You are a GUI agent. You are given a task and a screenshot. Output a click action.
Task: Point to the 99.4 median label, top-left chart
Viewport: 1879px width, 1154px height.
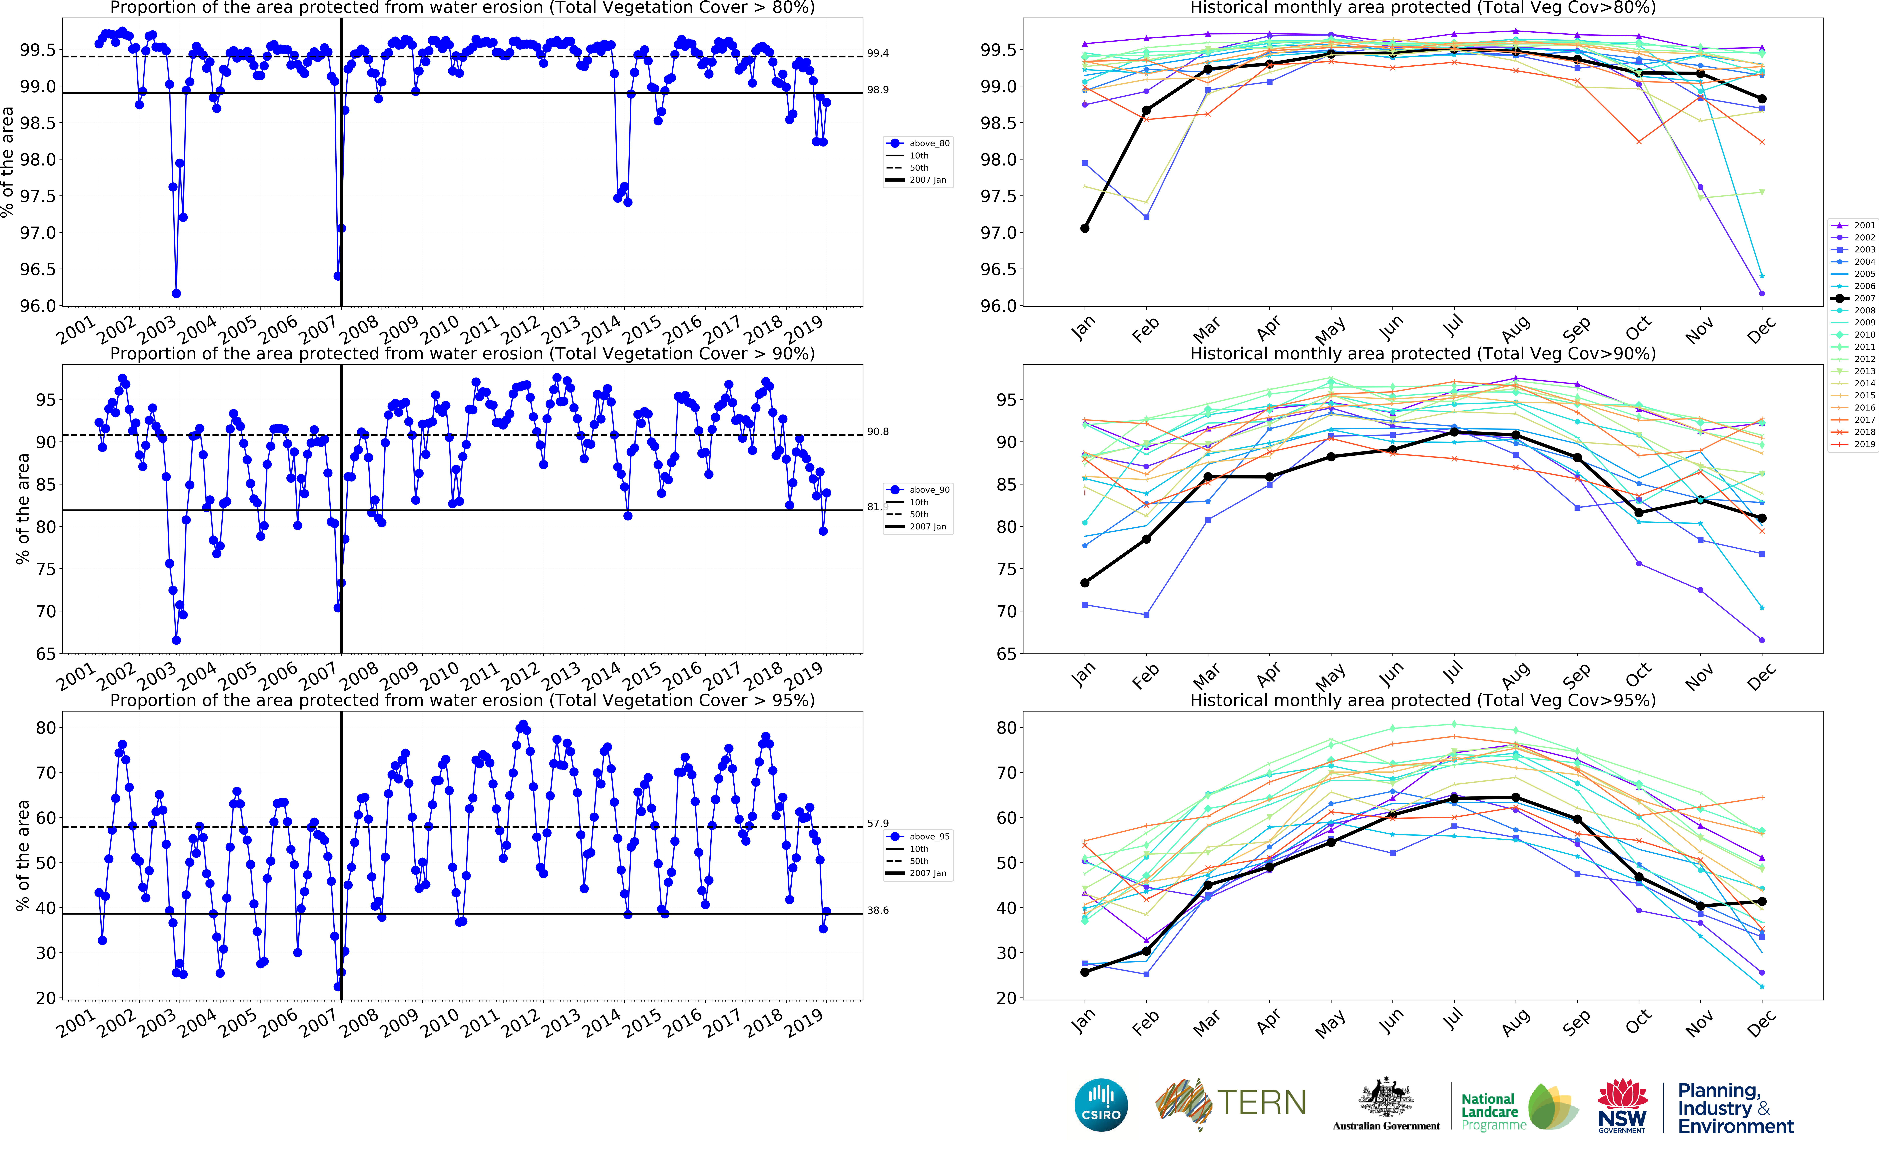point(878,53)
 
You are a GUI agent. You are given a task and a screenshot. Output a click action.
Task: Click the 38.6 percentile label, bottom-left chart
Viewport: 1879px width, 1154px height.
point(878,911)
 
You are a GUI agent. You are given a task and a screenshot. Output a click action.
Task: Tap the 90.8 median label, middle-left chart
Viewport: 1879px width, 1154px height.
point(878,432)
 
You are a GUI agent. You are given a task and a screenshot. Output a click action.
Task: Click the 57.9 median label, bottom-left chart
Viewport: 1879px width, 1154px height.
point(878,823)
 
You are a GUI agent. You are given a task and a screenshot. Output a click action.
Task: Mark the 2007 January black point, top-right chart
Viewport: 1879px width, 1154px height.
point(1084,228)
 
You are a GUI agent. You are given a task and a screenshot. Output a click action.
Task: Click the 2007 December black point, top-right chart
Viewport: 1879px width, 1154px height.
point(1761,99)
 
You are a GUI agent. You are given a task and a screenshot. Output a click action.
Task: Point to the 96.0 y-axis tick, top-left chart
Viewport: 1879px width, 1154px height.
point(38,306)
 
